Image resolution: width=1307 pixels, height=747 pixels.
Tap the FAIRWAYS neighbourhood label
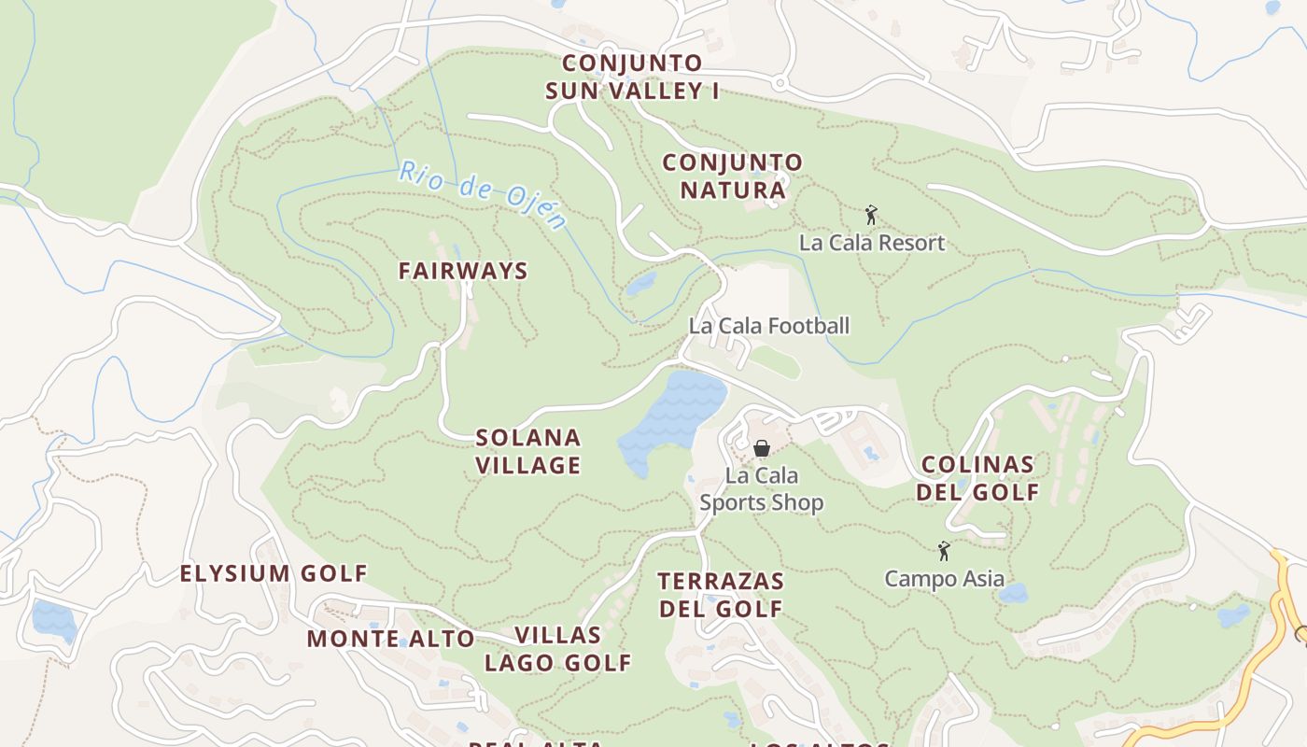[463, 271]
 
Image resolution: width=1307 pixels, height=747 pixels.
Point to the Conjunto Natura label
[732, 176]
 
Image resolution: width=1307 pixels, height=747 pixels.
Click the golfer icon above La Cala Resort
[871, 215]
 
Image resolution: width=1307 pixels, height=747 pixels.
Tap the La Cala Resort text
[872, 243]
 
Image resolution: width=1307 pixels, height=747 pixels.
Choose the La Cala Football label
[769, 326]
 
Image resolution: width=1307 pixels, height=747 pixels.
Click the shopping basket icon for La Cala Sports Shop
[761, 448]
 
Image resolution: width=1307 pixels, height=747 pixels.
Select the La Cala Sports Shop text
[762, 489]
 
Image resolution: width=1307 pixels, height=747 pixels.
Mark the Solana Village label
[528, 451]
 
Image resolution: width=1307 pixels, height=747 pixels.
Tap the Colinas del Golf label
[977, 478]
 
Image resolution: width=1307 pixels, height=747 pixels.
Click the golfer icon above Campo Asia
[944, 551]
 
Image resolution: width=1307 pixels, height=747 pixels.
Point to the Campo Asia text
[945, 579]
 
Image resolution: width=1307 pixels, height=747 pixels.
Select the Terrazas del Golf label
[721, 595]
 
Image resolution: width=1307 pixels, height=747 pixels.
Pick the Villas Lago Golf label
[557, 649]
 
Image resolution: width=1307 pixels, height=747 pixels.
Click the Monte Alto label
[391, 639]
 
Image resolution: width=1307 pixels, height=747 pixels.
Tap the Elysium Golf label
[274, 573]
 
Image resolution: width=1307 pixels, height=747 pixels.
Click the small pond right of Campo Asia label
[1013, 593]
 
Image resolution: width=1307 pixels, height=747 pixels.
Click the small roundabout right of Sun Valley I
[780, 84]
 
